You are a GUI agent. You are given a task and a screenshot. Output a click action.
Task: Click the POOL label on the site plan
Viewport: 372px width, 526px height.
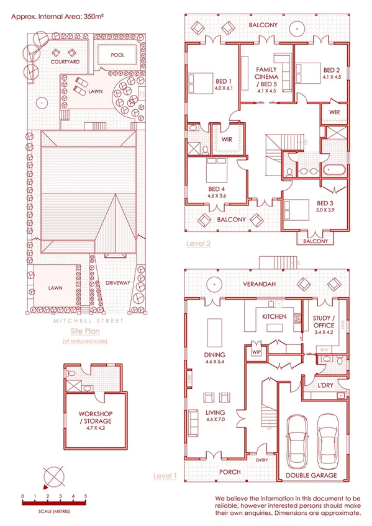[117, 55]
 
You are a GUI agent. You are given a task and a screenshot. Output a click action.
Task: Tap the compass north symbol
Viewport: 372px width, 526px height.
[55, 478]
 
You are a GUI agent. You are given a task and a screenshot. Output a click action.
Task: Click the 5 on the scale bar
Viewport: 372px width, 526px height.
[86, 496]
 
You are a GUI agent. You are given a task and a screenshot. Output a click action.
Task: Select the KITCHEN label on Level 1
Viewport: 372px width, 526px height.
[274, 317]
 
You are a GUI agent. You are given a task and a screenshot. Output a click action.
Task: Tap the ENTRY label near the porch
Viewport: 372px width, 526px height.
[261, 460]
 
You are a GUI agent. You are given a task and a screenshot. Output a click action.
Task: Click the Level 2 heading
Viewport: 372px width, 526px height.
[198, 244]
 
